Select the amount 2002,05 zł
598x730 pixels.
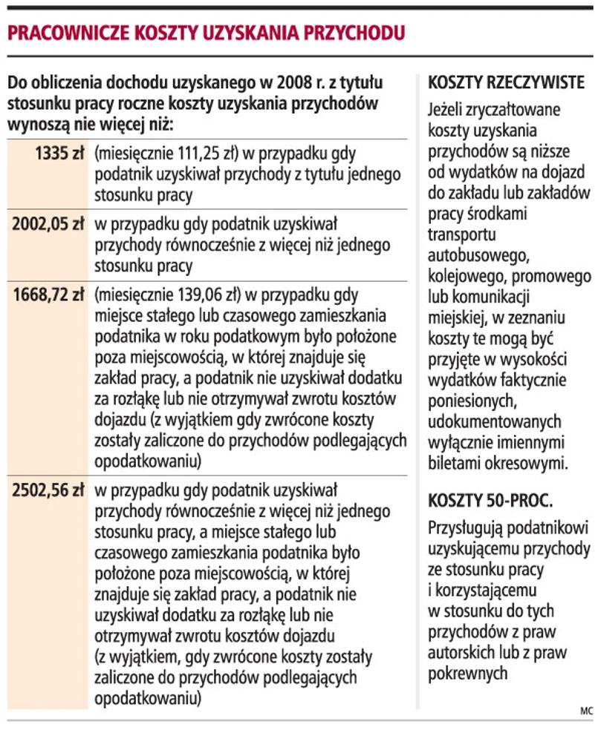tap(48, 224)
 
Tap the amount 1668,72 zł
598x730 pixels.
tap(48, 295)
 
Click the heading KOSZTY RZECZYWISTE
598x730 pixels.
tap(507, 82)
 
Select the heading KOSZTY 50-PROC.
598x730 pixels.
tap(490, 501)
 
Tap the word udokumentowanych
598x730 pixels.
tap(495, 421)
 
